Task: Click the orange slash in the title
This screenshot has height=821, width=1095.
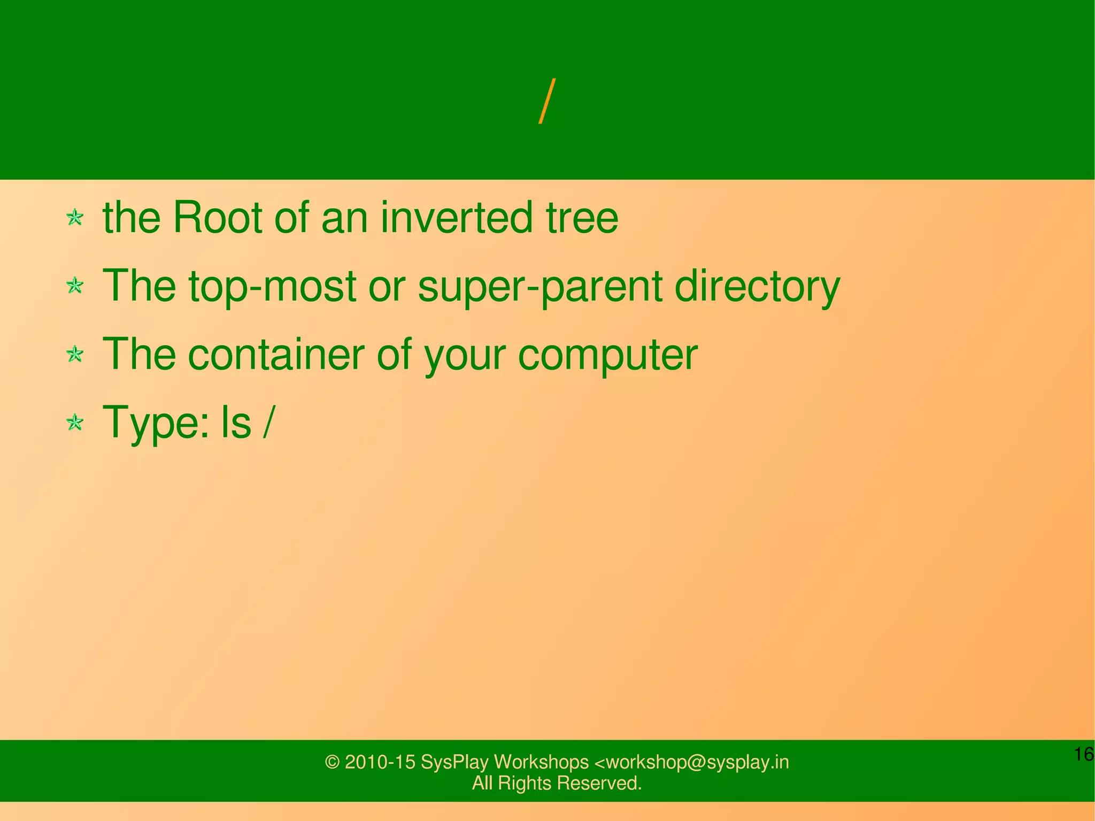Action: [547, 102]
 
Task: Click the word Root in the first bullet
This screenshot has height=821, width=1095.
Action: [218, 218]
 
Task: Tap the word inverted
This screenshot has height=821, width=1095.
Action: [456, 218]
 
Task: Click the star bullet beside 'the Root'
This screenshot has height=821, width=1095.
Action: [75, 218]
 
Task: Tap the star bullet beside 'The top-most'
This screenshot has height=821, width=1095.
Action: [75, 286]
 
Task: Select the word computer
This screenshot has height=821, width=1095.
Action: [607, 356]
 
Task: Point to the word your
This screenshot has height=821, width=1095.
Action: [464, 356]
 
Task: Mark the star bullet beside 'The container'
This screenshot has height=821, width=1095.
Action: [75, 354]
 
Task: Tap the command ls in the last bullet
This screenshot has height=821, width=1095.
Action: [236, 423]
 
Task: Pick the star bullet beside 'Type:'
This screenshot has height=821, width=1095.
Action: [75, 423]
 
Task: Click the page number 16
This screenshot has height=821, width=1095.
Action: [1083, 754]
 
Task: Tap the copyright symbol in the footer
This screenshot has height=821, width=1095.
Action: [333, 762]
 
